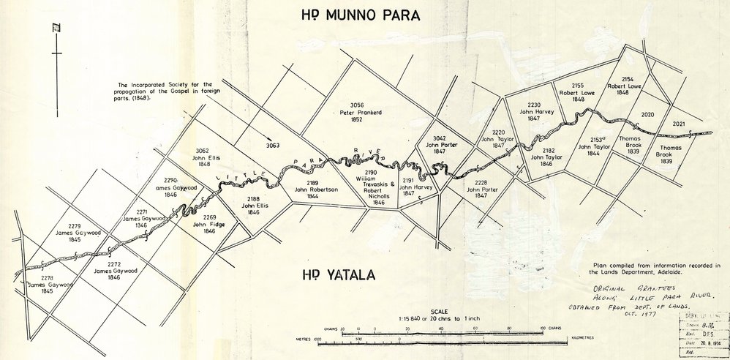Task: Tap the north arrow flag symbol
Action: [55, 29]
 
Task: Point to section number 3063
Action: [273, 145]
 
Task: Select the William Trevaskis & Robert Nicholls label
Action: [378, 187]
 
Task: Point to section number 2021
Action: [679, 124]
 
